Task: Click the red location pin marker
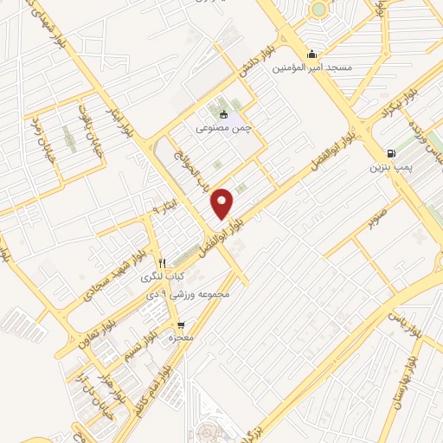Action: tap(223, 203)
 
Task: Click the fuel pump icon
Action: tap(392, 153)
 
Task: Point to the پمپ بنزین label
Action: tap(392, 167)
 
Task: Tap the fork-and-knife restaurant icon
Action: tap(161, 262)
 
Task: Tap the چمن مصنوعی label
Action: tap(223, 128)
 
